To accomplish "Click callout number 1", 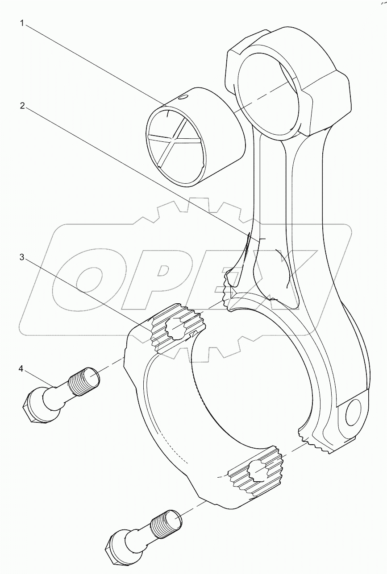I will click(x=21, y=23).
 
